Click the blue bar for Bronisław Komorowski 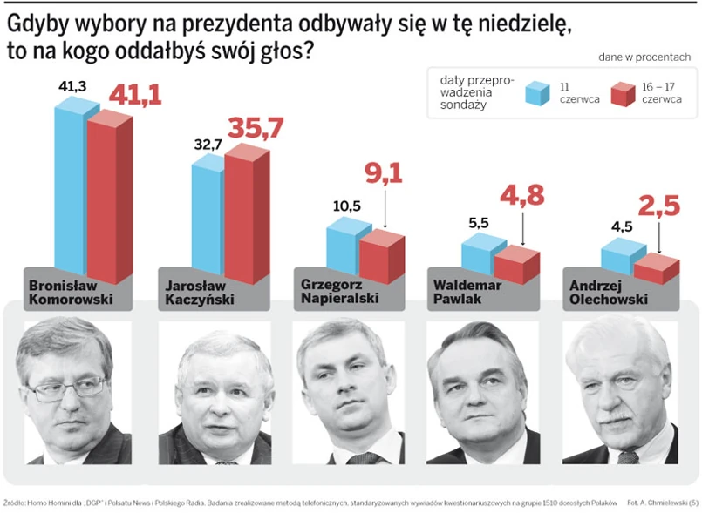(70, 187)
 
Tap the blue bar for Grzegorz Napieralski (342, 248)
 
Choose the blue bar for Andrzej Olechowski (617, 260)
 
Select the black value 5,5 (478, 222)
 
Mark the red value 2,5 (658, 206)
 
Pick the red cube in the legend (623, 92)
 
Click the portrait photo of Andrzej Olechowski (620, 392)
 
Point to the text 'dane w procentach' (644, 57)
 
